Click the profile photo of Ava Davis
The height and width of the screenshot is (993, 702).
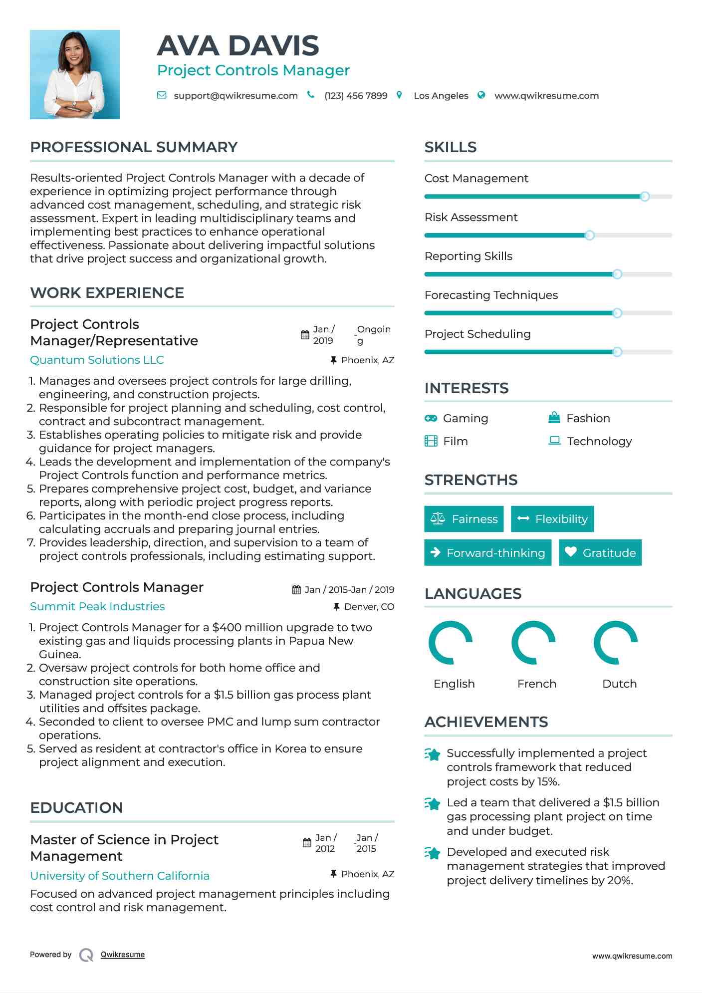75,74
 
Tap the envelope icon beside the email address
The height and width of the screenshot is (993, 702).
162,95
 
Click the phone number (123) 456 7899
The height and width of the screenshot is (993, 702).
356,96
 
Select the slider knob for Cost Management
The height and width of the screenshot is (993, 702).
645,197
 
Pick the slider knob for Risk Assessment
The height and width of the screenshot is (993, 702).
589,236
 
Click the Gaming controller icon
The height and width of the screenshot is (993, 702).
431,418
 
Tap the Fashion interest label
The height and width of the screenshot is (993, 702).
588,418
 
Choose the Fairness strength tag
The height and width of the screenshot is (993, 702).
464,519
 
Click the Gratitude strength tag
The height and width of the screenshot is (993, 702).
600,553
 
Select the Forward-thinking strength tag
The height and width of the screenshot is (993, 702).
487,553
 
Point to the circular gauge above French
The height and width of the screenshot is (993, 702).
533,643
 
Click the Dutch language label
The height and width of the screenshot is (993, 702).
619,684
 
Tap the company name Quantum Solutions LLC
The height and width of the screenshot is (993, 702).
97,360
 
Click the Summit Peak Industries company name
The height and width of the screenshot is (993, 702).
97,606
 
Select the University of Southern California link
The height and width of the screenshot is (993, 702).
120,876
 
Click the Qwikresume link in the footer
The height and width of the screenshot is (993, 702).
123,955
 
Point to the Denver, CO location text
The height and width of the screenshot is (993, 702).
369,607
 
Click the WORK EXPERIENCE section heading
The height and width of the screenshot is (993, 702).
107,293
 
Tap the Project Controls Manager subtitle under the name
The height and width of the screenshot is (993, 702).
253,70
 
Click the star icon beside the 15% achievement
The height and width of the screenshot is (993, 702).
433,754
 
